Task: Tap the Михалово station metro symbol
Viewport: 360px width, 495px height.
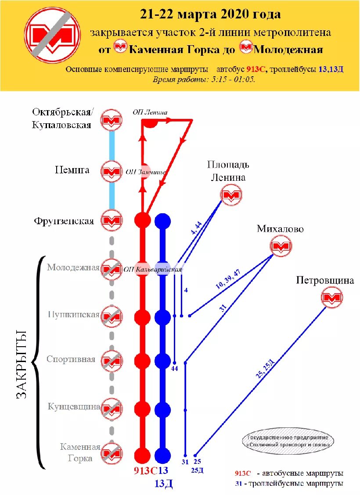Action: pyautogui.click(x=281, y=247)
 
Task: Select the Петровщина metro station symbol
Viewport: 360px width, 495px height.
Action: pyautogui.click(x=331, y=298)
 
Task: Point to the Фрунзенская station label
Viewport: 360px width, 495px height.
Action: pyautogui.click(x=64, y=221)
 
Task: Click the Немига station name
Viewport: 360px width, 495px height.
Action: pyautogui.click(x=72, y=170)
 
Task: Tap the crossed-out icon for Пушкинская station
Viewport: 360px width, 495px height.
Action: pyautogui.click(x=112, y=316)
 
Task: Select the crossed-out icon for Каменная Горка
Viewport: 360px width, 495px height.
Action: pyautogui.click(x=112, y=453)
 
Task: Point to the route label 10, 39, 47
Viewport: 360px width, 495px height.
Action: pyautogui.click(x=228, y=279)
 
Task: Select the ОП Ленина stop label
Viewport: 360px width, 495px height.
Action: pyautogui.click(x=150, y=112)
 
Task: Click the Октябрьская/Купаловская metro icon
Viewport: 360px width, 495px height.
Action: pyautogui.click(x=112, y=120)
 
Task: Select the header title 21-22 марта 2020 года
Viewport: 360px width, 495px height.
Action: pyautogui.click(x=210, y=14)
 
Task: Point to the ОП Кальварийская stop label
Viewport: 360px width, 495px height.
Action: pyautogui.click(x=153, y=269)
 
